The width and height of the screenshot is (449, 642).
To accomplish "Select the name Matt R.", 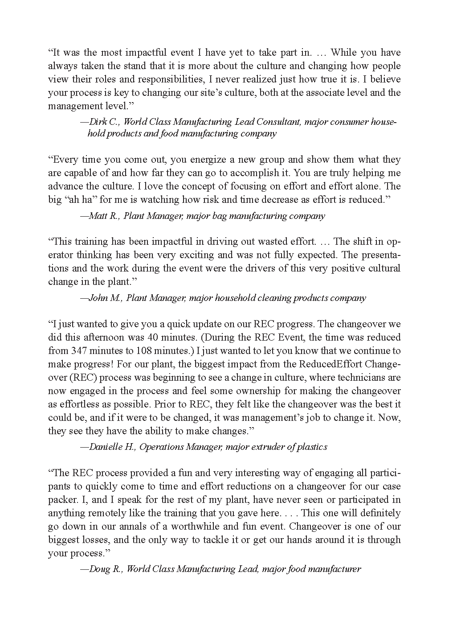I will point(104,216).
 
